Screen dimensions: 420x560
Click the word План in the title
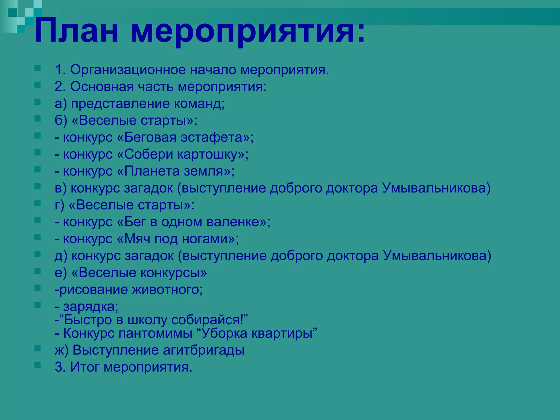click(77, 31)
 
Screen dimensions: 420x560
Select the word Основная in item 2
click(102, 87)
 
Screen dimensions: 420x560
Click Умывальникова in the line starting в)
click(436, 188)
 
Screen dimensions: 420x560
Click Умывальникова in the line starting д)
click(437, 256)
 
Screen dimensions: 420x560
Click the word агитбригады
click(203, 350)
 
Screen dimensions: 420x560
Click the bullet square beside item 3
click(37, 365)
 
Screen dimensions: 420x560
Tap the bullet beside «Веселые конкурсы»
click(37, 271)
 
